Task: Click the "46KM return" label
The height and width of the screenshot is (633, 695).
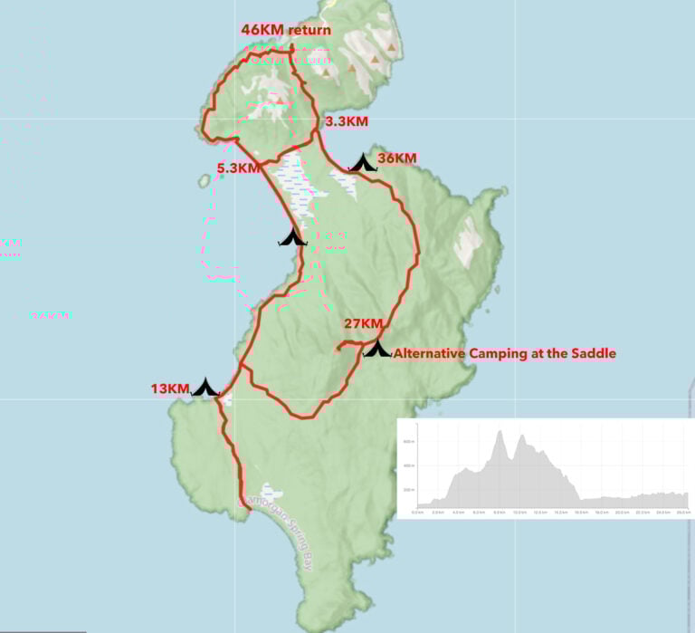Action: pos(285,30)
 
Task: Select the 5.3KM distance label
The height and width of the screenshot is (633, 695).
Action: pos(238,167)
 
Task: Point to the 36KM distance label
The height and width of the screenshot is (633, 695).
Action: pos(396,158)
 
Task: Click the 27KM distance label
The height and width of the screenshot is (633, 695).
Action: pos(363,323)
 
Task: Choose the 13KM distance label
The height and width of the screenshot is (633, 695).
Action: pos(170,389)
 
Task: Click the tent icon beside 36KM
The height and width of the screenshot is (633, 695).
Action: pos(364,163)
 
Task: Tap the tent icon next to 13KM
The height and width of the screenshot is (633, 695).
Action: pos(205,388)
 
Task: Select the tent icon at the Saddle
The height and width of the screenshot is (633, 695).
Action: pos(376,348)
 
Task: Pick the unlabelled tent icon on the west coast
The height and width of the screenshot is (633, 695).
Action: pos(292,238)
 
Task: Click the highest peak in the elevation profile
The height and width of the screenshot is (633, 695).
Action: pos(500,432)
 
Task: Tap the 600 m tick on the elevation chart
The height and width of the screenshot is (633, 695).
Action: pos(408,441)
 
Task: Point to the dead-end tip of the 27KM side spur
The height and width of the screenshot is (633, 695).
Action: pos(337,348)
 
